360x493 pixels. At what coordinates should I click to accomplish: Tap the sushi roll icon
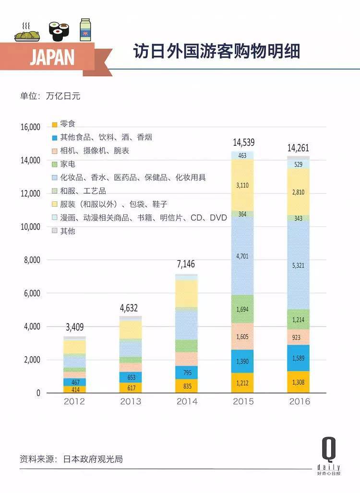coord(59,30)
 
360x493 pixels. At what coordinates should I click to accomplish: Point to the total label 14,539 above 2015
coord(243,142)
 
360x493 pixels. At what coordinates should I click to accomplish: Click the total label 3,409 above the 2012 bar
coord(74,328)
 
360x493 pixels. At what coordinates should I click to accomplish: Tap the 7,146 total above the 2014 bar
coord(187,265)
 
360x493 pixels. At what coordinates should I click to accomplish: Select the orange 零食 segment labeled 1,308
coord(299,382)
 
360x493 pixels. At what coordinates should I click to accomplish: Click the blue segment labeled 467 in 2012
coord(74,382)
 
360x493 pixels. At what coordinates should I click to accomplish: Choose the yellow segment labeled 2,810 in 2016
coord(299,192)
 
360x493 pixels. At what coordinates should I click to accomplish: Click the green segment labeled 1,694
coord(243,309)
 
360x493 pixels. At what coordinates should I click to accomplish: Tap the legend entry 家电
coord(68,164)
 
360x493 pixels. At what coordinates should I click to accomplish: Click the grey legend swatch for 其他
coord(55,231)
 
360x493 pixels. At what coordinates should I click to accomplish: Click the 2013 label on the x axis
coord(131,401)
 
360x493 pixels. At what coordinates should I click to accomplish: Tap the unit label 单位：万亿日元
coord(50,95)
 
